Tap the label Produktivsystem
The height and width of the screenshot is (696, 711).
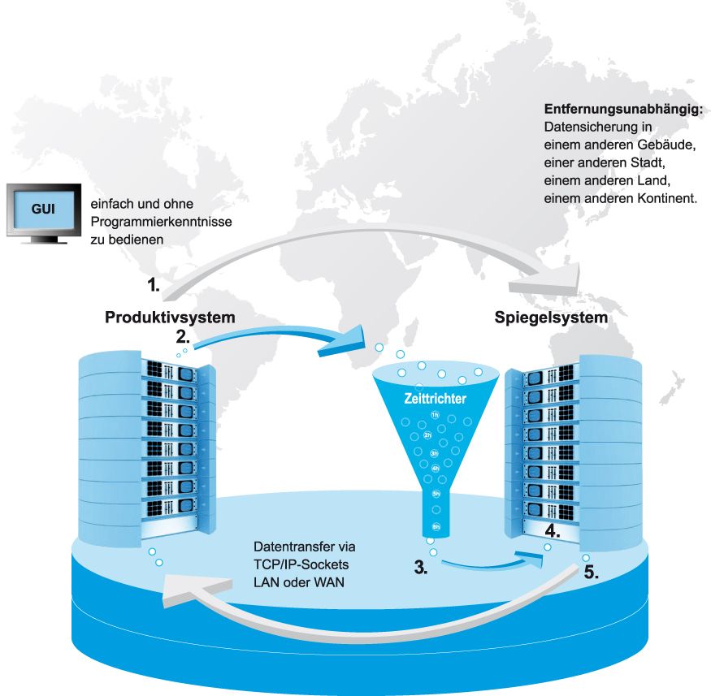(x=170, y=318)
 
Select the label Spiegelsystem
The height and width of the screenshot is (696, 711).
(x=551, y=318)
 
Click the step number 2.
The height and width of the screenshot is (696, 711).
(x=183, y=335)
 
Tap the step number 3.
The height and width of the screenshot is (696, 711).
(x=421, y=568)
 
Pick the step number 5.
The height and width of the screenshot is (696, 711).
(x=592, y=571)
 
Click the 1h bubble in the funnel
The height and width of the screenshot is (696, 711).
(x=435, y=416)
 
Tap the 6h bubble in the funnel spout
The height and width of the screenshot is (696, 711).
(x=436, y=527)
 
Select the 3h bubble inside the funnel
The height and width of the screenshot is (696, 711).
(x=435, y=452)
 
